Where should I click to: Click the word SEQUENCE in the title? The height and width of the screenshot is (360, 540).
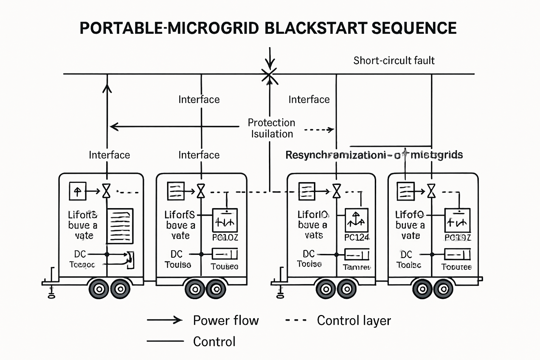click(414, 28)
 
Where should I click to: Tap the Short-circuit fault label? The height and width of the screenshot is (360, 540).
click(394, 60)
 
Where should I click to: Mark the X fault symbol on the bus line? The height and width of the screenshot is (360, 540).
click(269, 76)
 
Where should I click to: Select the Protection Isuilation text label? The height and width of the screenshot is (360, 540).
click(271, 128)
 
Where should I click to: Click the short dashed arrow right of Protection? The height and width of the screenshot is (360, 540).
click(319, 130)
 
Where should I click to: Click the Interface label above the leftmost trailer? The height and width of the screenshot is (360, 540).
click(109, 155)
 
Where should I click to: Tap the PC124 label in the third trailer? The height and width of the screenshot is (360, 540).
click(356, 238)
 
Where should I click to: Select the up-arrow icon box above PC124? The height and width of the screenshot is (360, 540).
click(356, 220)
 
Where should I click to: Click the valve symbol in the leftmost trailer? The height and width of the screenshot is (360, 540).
click(107, 191)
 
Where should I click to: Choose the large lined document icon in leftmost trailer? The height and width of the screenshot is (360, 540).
click(120, 226)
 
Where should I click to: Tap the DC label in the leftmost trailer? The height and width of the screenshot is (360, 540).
click(80, 254)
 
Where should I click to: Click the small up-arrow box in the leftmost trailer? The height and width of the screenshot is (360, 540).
click(77, 191)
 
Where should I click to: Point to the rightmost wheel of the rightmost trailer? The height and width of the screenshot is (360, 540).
click(444, 289)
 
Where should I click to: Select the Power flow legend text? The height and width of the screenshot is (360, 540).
click(226, 320)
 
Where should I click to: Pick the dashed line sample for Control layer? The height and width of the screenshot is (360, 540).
click(296, 320)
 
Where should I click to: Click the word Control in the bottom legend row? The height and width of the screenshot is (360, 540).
click(214, 342)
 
